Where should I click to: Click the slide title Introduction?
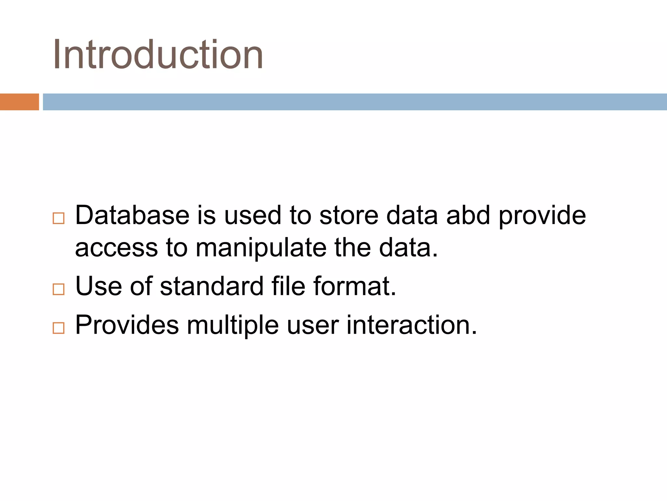pos(158,54)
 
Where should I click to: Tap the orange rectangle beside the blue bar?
pos(19,102)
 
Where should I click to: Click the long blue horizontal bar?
pos(355,102)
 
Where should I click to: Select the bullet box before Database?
pos(59,218)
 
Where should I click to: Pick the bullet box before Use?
pos(59,289)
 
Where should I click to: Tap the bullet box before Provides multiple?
pos(59,328)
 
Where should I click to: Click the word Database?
pos(132,215)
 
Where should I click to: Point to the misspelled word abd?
pos(468,215)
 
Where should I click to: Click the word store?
pos(349,215)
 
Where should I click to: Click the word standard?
pos(212,286)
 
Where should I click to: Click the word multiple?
pos(233,325)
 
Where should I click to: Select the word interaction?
pos(411,325)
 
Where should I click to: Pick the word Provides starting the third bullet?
pos(127,325)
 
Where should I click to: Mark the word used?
pos(253,215)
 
